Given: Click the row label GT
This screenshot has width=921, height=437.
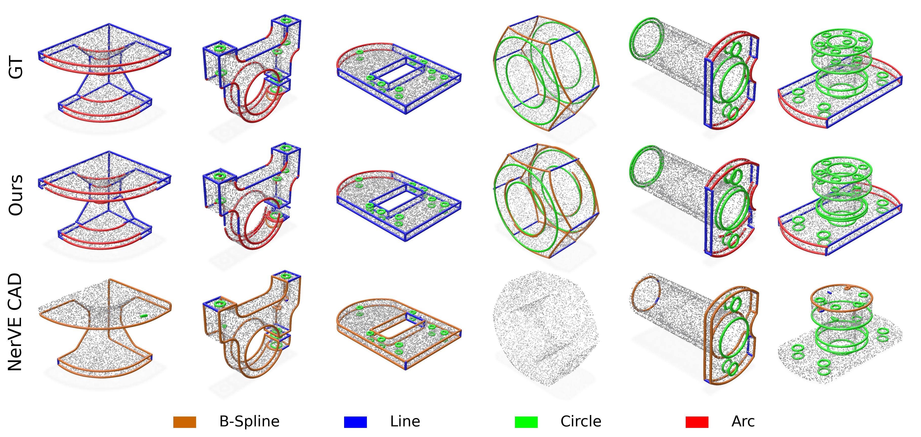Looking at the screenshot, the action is click(16, 68).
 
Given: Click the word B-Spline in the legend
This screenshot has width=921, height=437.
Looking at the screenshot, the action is click(249, 422).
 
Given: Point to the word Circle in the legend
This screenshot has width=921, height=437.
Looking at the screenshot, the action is click(581, 422).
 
